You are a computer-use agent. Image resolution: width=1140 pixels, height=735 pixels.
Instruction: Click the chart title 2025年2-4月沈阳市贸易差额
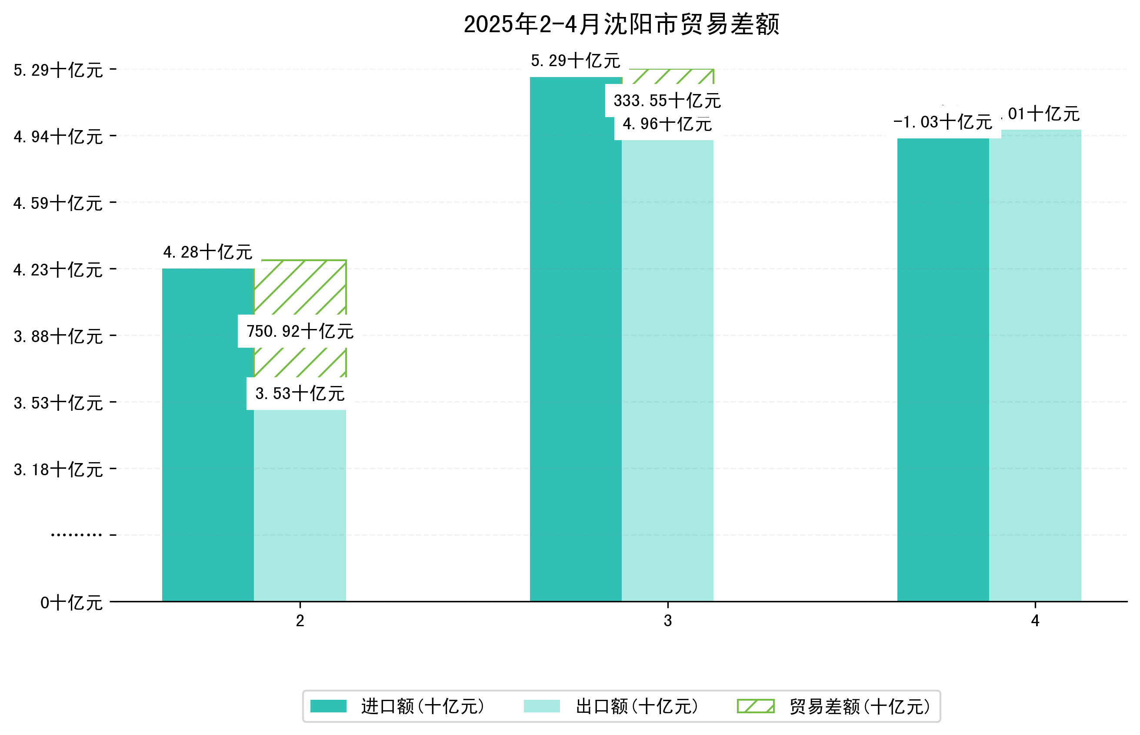coord(621,24)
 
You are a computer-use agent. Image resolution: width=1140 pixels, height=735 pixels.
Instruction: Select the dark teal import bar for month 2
coord(208,434)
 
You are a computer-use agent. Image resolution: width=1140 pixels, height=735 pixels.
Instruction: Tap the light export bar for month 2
coord(300,506)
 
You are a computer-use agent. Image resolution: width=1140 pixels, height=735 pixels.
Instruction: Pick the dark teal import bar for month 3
coord(576,339)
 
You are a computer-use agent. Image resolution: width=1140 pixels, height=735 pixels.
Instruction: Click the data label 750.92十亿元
coord(300,331)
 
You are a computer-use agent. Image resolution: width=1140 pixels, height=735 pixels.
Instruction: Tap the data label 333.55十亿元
coord(667,101)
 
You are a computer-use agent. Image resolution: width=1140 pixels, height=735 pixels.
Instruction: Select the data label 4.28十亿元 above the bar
coord(208,252)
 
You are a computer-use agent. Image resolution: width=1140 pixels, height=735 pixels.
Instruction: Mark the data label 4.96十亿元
coord(667,124)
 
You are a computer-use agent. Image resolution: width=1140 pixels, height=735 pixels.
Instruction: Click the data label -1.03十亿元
coord(943,122)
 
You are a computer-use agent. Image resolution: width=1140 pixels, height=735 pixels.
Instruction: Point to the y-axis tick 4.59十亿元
coord(58,203)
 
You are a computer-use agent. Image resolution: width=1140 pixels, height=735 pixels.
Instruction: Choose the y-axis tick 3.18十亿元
coord(58,470)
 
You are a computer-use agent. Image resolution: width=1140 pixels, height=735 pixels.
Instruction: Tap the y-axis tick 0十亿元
coord(71,603)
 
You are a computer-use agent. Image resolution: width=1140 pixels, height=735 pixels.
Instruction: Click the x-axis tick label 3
coord(667,621)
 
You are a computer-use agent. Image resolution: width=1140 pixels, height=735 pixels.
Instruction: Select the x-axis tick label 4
coord(1035,621)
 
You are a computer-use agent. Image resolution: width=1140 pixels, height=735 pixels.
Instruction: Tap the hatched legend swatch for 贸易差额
coord(755,706)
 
